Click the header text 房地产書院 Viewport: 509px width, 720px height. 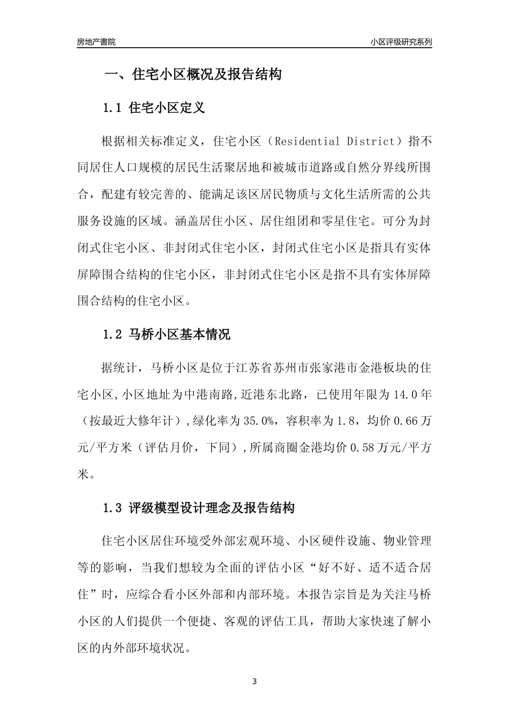point(96,42)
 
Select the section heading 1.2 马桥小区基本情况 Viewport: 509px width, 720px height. point(166,335)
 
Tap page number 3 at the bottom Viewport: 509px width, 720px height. point(254,681)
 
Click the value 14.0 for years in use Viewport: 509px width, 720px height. point(407,395)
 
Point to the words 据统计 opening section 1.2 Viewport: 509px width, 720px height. point(118,368)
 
